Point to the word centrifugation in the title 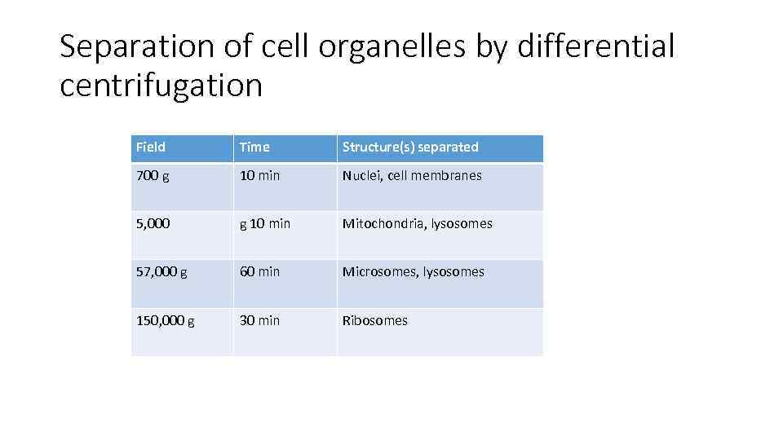[161, 85]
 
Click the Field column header [151, 147]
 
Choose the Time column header [254, 147]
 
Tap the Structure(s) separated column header [410, 147]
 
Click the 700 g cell [153, 176]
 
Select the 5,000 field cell [153, 224]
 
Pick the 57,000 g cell [161, 272]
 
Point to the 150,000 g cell [165, 321]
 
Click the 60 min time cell [259, 272]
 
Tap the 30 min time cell [259, 321]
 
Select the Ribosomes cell [374, 321]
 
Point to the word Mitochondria [383, 224]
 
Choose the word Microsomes [379, 272]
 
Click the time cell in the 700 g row [259, 176]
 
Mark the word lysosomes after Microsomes [454, 272]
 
